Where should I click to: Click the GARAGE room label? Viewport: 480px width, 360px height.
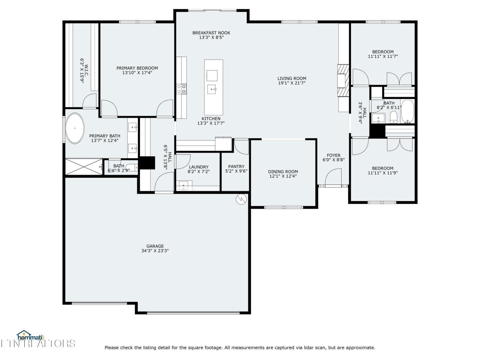click(x=155, y=246)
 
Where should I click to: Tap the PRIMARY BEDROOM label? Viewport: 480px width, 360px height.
click(x=137, y=68)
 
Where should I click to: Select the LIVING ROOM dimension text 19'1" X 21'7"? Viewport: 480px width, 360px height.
click(x=292, y=83)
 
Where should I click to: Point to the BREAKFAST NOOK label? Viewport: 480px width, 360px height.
click(x=211, y=33)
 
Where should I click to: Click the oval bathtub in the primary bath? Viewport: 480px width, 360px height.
click(x=75, y=128)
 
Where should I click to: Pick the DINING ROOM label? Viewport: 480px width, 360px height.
click(x=283, y=172)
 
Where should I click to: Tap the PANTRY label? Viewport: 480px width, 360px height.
click(x=236, y=166)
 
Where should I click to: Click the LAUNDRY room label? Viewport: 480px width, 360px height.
click(x=198, y=167)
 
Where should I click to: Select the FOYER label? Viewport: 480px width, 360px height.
click(x=333, y=155)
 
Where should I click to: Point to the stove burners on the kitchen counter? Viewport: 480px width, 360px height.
click(x=181, y=89)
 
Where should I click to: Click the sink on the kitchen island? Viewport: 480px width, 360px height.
click(x=212, y=89)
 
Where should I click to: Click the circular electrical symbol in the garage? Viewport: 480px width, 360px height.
click(x=241, y=199)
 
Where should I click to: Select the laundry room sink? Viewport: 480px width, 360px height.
click(x=183, y=186)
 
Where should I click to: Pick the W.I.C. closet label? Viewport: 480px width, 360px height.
click(x=84, y=71)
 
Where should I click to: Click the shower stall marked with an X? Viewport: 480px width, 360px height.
click(x=84, y=167)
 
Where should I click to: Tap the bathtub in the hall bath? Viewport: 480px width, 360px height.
click(x=408, y=112)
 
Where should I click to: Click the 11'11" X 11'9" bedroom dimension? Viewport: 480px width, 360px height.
click(x=383, y=173)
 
